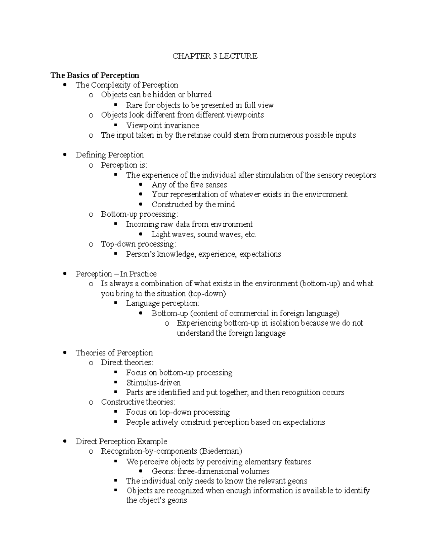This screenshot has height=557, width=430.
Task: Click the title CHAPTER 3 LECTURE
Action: click(215, 56)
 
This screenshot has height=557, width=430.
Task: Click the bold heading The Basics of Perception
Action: click(95, 75)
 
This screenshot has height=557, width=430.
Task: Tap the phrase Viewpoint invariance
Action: click(162, 126)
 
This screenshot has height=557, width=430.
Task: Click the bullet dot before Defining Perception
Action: click(64, 155)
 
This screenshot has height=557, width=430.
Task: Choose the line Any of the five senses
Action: click(189, 185)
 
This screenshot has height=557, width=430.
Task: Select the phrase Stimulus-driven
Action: click(153, 383)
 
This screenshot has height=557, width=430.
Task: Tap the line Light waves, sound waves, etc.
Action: click(204, 235)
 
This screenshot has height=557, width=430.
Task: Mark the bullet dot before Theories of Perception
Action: click(64, 353)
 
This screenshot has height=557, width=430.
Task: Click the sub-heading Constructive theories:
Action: click(138, 402)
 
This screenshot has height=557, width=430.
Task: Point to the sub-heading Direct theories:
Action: click(127, 363)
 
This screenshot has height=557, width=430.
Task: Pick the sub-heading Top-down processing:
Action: click(138, 244)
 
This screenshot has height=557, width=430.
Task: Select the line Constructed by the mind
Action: click(193, 204)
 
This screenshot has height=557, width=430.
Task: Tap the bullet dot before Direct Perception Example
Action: click(64, 442)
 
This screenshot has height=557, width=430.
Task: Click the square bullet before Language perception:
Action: click(115, 303)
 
